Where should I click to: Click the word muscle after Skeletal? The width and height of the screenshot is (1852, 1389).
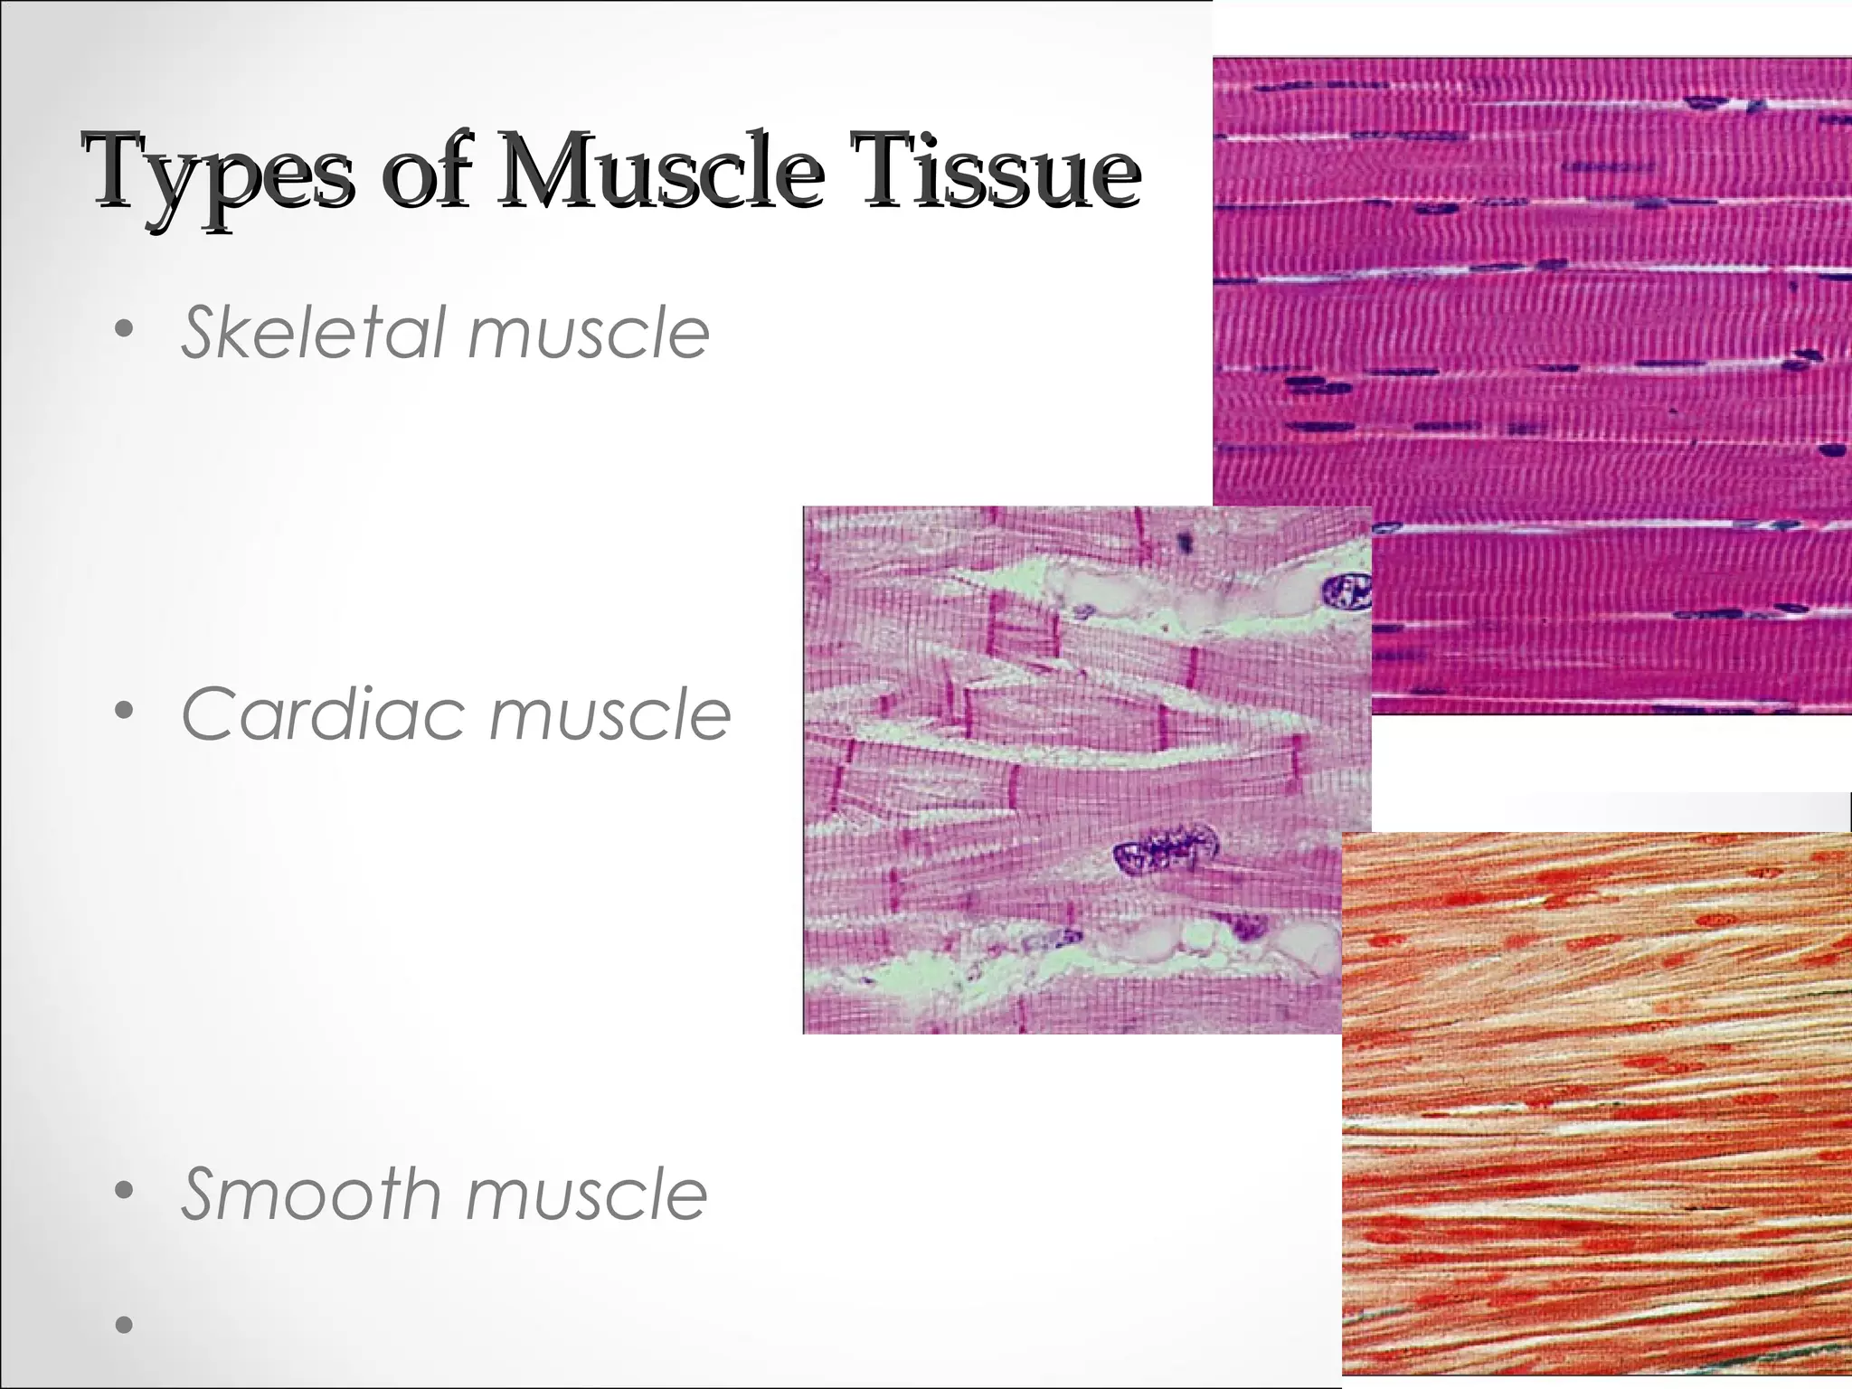589,332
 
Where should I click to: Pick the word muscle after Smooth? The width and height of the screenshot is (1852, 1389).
587,1194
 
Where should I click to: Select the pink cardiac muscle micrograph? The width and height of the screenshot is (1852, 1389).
1040,769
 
